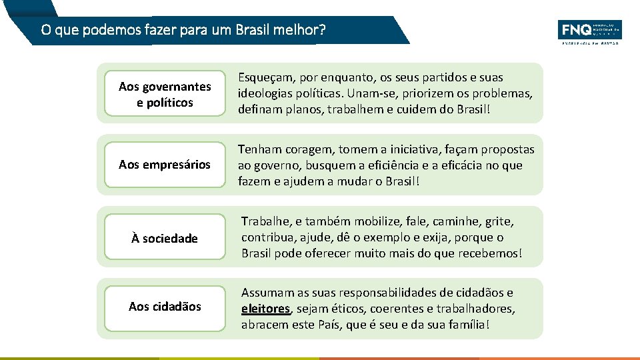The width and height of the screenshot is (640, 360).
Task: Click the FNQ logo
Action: coord(589,31)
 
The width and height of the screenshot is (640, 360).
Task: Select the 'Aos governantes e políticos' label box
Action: coord(165,94)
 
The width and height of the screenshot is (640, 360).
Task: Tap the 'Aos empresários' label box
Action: coord(165,164)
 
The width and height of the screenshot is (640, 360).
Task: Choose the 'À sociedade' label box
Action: coord(165,237)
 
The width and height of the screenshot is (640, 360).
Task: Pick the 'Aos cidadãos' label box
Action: coord(165,306)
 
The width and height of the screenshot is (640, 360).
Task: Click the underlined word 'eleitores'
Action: coord(265,309)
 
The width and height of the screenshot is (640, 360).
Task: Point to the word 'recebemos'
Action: coord(493,253)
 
